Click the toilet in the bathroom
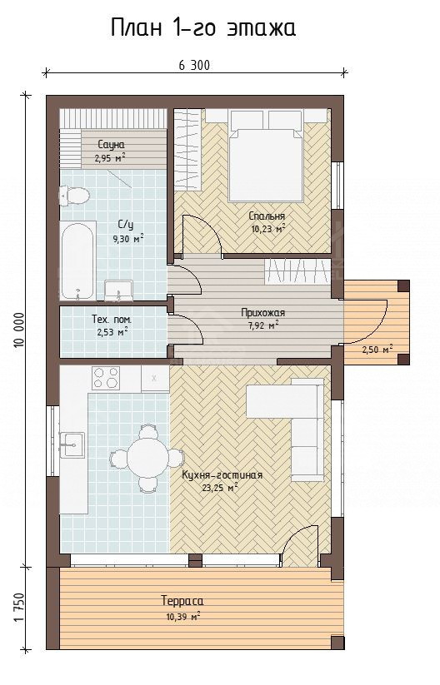(74, 196)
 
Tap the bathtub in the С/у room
(77, 261)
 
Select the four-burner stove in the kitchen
(106, 378)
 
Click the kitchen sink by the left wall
(72, 444)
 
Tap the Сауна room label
(111, 144)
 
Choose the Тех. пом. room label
(112, 320)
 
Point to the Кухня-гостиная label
(222, 475)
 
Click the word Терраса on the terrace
(182, 601)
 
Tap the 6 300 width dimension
(194, 65)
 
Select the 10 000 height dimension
(19, 330)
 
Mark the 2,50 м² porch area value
(377, 349)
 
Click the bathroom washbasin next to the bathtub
(117, 291)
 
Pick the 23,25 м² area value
(220, 487)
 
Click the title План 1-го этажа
(203, 28)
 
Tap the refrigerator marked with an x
(155, 379)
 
